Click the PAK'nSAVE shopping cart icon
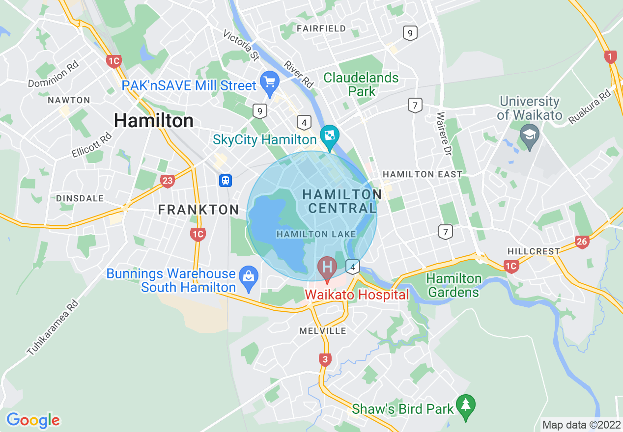tap(269, 81)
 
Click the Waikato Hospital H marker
tap(327, 268)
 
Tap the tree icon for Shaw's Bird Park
tap(465, 405)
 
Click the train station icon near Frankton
tap(226, 180)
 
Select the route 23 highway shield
tap(168, 181)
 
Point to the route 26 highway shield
tap(582, 241)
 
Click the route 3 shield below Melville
tap(325, 359)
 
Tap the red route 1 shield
tap(610, 57)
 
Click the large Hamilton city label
tap(153, 121)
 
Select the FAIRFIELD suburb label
tap(321, 28)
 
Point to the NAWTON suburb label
tap(69, 100)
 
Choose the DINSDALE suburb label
tap(80, 198)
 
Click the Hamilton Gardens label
tap(453, 285)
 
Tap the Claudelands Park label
tap(361, 84)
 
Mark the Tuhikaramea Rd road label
tap(53, 327)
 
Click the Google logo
tap(33, 420)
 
